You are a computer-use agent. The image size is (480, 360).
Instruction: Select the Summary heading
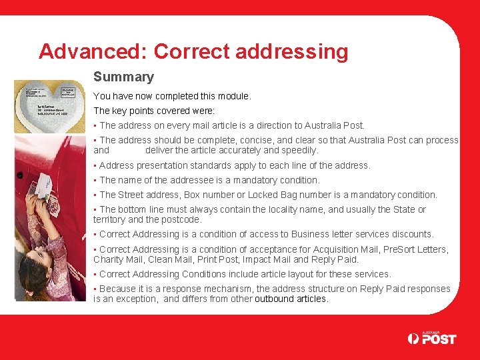(123, 77)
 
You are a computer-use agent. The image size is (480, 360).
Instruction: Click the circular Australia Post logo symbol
(414, 339)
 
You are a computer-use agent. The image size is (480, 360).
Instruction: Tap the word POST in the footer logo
(439, 339)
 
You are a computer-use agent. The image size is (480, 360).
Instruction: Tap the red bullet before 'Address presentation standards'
(95, 166)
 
